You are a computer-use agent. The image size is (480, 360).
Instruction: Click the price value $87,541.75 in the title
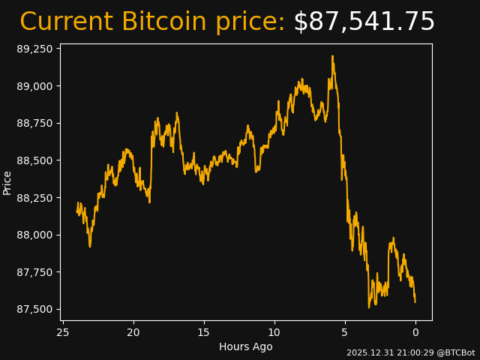(x=364, y=22)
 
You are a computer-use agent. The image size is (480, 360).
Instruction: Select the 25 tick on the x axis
(x=63, y=332)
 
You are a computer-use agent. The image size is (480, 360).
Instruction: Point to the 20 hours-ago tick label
(x=133, y=332)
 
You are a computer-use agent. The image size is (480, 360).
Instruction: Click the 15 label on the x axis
(x=204, y=332)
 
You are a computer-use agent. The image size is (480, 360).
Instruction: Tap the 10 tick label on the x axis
(x=274, y=332)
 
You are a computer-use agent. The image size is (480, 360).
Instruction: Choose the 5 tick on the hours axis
(x=345, y=332)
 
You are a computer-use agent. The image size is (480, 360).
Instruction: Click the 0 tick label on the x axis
(x=415, y=332)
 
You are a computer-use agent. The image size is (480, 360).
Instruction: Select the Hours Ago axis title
(x=246, y=346)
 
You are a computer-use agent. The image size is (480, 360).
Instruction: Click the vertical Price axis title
(x=7, y=182)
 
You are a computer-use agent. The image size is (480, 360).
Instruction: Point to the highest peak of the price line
(x=331, y=56)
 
